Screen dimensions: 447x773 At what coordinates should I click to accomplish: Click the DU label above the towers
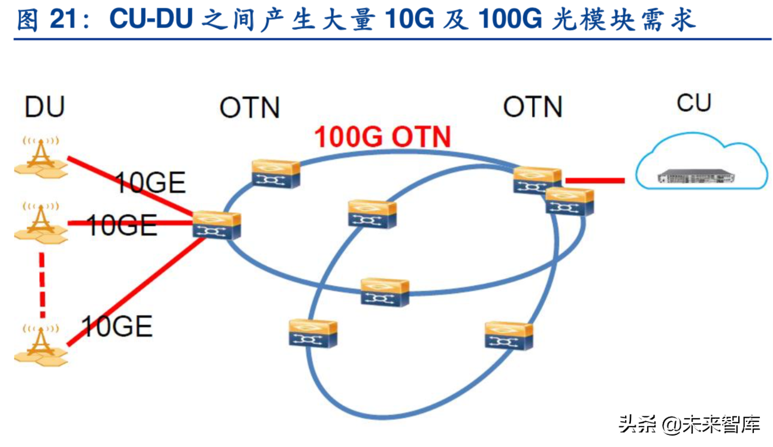(x=45, y=107)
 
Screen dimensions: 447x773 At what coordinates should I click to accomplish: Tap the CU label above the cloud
(x=694, y=102)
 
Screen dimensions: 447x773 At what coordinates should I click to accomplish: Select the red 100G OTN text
(x=383, y=137)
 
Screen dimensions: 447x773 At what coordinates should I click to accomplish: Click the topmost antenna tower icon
(x=41, y=157)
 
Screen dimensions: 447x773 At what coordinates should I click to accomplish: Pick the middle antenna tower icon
(x=41, y=222)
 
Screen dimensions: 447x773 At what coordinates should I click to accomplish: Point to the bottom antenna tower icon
(x=41, y=345)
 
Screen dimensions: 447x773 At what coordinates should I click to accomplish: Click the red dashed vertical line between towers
(x=42, y=285)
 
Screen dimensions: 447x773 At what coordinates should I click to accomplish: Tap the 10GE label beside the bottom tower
(x=117, y=327)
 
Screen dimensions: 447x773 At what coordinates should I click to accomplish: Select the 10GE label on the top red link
(x=150, y=183)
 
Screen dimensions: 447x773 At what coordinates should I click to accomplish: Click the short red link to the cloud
(x=595, y=180)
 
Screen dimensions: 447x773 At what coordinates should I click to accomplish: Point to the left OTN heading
(x=250, y=108)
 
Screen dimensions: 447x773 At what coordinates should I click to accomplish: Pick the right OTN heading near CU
(x=533, y=108)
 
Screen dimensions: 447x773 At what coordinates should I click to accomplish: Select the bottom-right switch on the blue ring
(x=509, y=336)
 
